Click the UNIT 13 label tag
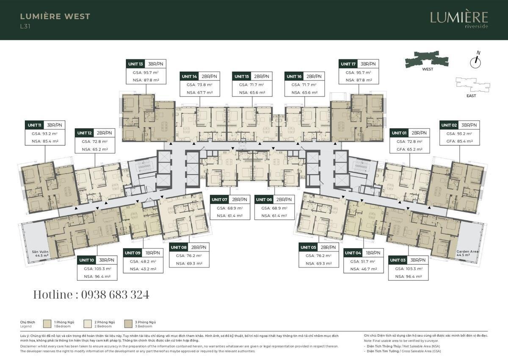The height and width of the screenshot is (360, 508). [x=135, y=64]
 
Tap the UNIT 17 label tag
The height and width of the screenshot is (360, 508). [x=348, y=64]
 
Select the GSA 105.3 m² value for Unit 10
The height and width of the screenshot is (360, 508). [x=97, y=269]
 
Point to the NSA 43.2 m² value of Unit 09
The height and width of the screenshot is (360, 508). [x=143, y=269]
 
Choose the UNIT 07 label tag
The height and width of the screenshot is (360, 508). [x=220, y=199]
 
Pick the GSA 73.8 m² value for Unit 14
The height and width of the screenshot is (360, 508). [x=199, y=84]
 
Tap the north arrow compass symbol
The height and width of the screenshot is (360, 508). [x=476, y=62]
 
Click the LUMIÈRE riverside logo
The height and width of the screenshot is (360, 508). [x=459, y=19]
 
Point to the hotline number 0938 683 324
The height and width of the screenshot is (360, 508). [x=91, y=295]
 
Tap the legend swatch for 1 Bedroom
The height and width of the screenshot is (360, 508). [x=47, y=324]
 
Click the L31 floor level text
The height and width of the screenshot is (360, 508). [x=25, y=26]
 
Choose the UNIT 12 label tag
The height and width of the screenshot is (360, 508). [x=84, y=133]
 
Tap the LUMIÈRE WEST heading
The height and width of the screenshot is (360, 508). [x=55, y=17]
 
